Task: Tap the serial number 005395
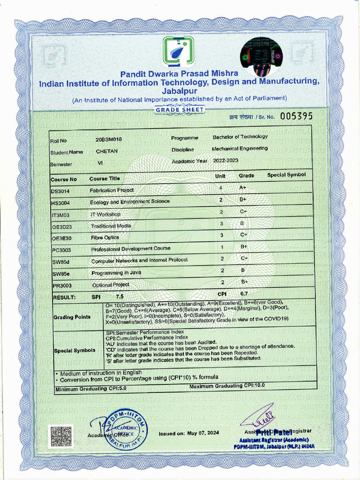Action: [296, 116]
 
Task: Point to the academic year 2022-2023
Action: [225, 160]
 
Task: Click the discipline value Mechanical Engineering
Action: [240, 148]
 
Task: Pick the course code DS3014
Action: [60, 191]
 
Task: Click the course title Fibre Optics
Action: [105, 238]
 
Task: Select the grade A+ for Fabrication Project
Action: [243, 187]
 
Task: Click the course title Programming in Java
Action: [112, 272]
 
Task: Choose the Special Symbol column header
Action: [286, 175]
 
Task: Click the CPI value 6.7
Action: [244, 293]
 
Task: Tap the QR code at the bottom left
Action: [61, 436]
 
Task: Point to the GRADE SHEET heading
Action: [180, 110]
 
